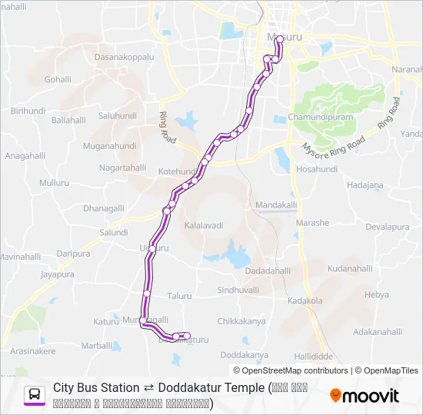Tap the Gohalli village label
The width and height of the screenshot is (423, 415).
pos(58,79)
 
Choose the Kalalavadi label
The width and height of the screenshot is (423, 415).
pos(204,225)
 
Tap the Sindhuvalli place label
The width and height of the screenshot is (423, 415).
pos(238,290)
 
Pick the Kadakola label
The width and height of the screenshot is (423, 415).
pos(305,301)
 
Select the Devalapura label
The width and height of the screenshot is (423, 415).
pos(388,227)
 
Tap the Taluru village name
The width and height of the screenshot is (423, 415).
pos(179,295)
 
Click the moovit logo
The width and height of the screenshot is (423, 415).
pos(365,396)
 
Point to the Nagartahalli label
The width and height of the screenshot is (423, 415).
pos(123,167)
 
